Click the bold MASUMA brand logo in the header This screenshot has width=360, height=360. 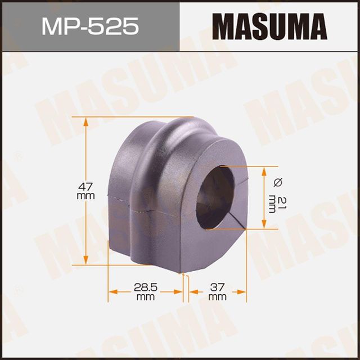[269, 27]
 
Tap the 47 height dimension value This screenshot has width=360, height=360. [85, 185]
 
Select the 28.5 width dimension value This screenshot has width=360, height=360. [145, 287]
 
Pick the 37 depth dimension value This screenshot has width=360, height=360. [217, 287]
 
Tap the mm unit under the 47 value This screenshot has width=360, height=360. [85, 196]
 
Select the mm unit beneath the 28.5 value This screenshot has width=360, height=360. [145, 296]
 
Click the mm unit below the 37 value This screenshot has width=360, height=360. [217, 296]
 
